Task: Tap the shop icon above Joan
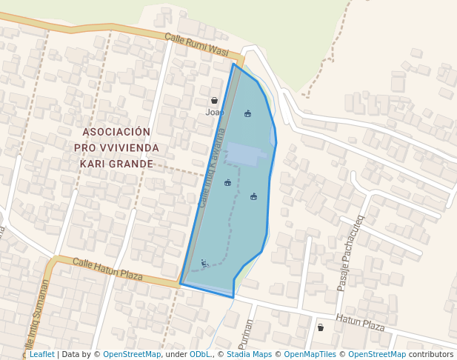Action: coord(214,100)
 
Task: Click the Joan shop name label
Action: coord(214,113)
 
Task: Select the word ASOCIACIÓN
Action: coord(116,132)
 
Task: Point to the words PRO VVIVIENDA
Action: coord(116,148)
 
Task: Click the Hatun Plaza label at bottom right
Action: coord(360,323)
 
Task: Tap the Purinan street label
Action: coord(248,333)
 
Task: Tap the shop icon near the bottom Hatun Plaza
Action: coord(320,327)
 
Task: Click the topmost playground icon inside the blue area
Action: coord(247,113)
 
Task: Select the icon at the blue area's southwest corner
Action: coord(204,263)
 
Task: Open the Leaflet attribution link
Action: coord(41,355)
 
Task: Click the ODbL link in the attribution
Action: coord(200,355)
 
